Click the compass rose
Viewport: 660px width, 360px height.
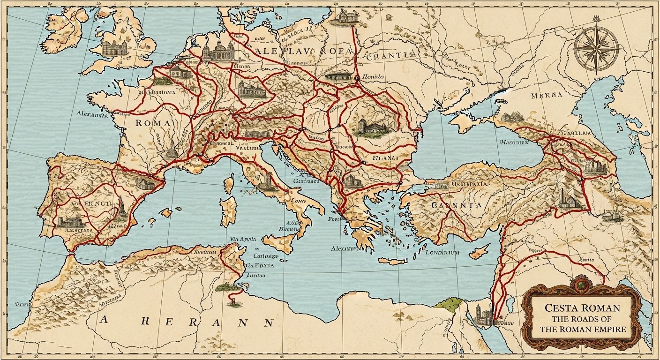pos(596,48)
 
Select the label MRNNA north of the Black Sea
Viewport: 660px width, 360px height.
pos(547,97)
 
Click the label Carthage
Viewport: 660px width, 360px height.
pos(265,256)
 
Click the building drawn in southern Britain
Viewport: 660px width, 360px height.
pos(114,48)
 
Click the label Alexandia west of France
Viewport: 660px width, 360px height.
pos(92,114)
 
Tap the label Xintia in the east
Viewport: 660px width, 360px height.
pos(586,259)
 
